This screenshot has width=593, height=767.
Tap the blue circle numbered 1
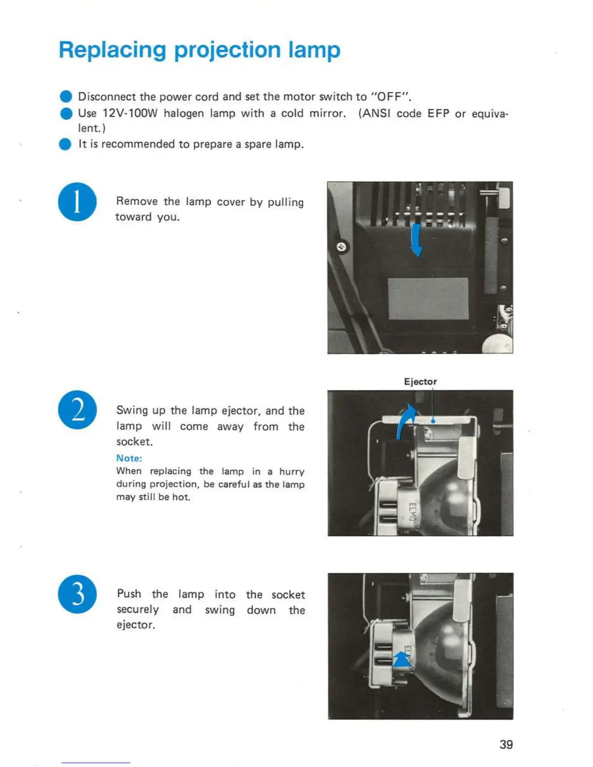tap(77, 202)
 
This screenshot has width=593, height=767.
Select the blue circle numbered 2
tap(78, 410)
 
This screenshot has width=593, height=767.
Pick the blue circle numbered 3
tap(77, 594)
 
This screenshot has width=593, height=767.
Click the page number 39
tap(506, 744)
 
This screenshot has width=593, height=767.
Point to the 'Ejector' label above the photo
tap(420, 382)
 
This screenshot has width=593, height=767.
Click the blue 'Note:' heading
tap(129, 458)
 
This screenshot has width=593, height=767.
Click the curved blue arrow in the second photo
tap(406, 419)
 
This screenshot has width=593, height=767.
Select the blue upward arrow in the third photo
tap(401, 659)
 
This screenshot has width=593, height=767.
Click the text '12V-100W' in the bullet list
tap(130, 114)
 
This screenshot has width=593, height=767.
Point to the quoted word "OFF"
tap(390, 97)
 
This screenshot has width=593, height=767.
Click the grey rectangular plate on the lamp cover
tap(428, 298)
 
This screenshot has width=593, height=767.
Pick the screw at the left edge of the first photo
tap(342, 247)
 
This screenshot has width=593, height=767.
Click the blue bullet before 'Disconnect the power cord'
tap(66, 96)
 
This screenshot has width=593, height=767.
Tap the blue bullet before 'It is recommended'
tap(65, 144)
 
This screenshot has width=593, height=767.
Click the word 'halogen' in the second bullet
tap(183, 114)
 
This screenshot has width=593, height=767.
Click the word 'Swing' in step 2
tap(131, 411)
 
